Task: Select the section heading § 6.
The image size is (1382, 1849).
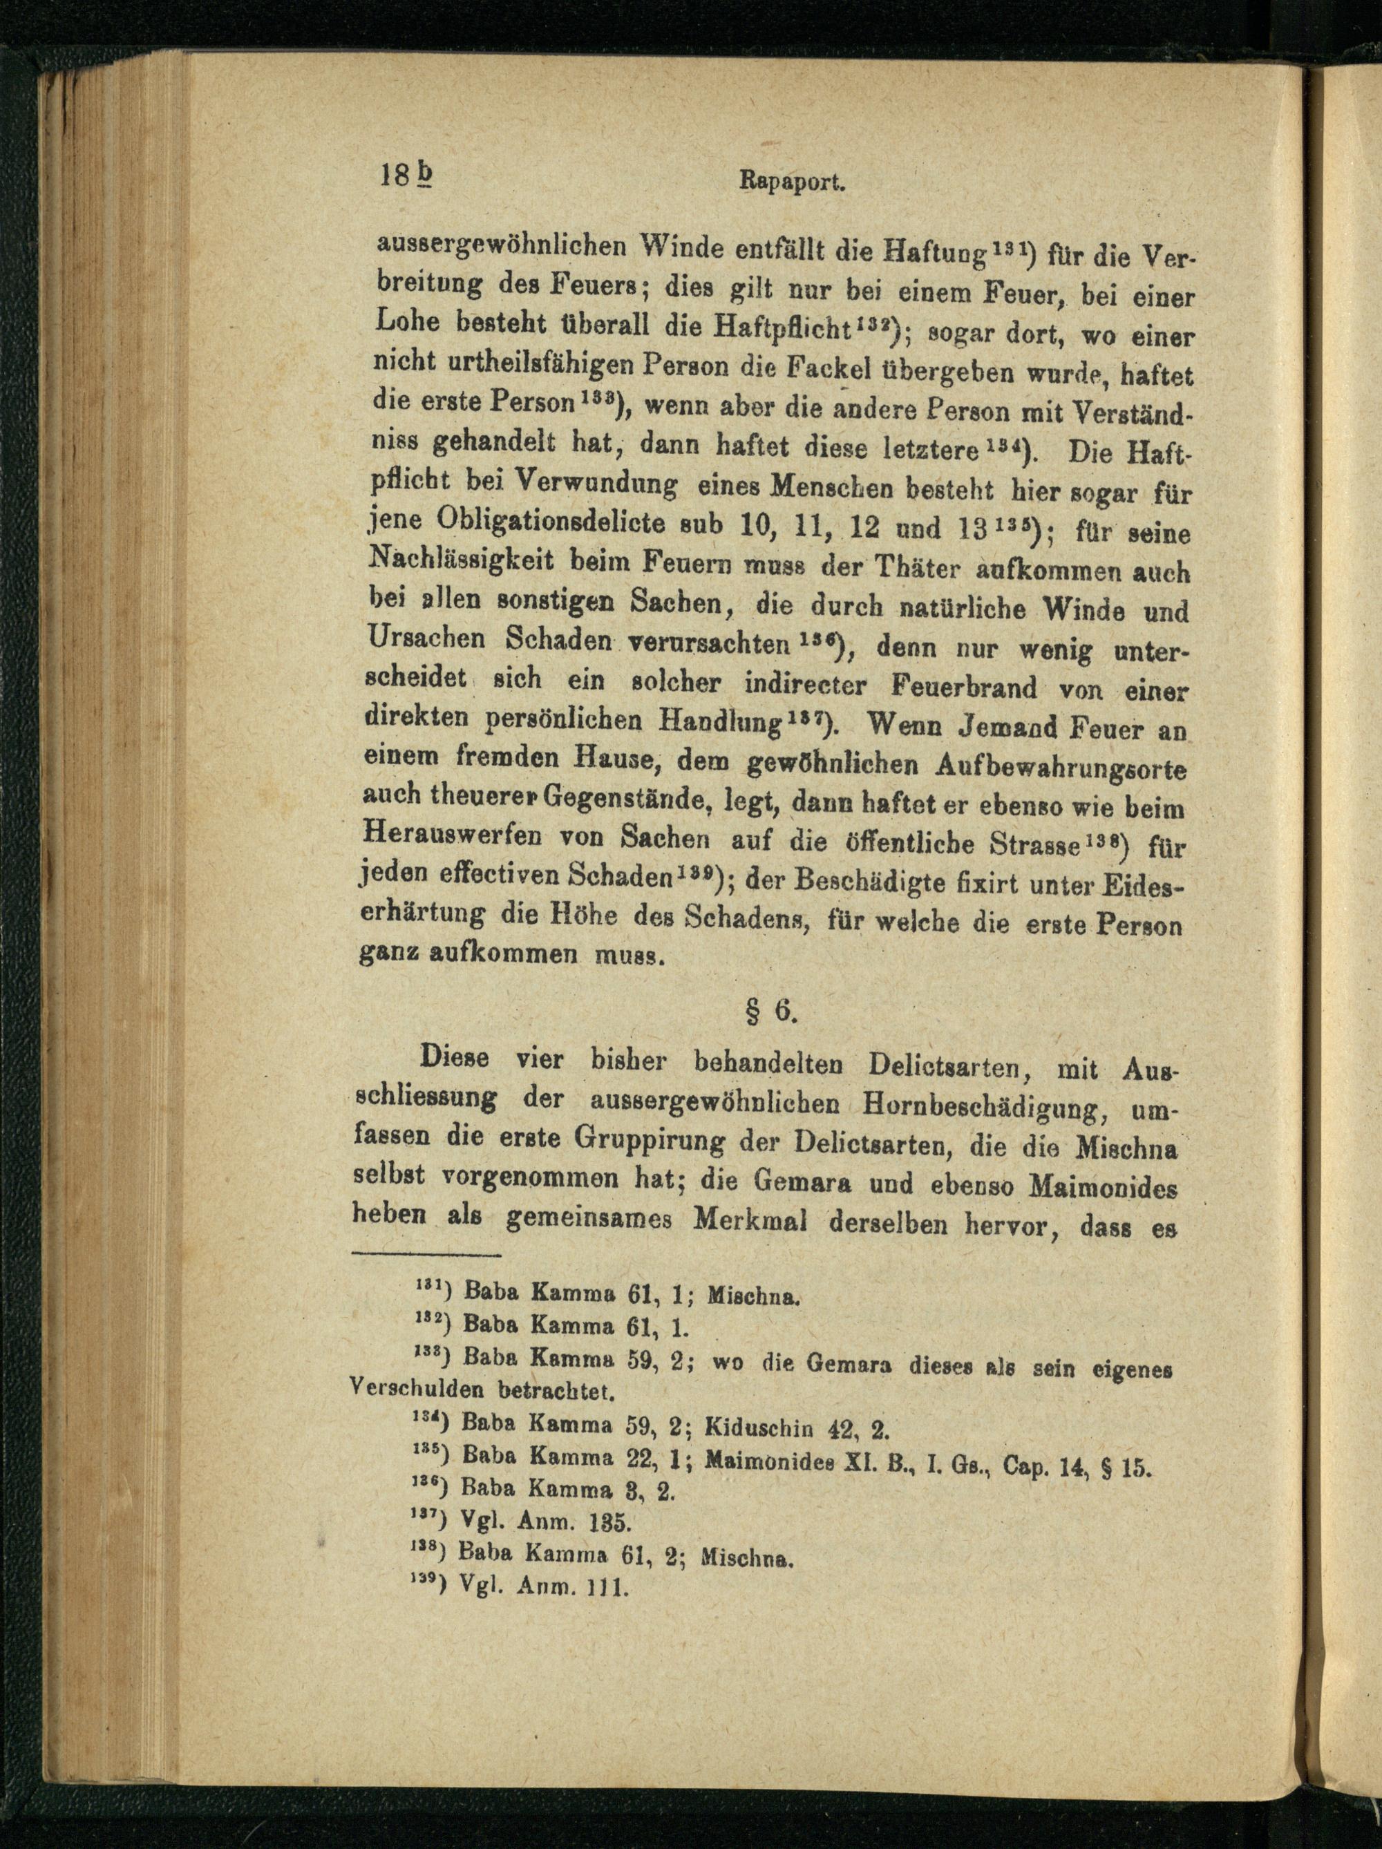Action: pos(770,1012)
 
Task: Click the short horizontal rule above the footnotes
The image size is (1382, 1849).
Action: pos(426,1255)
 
